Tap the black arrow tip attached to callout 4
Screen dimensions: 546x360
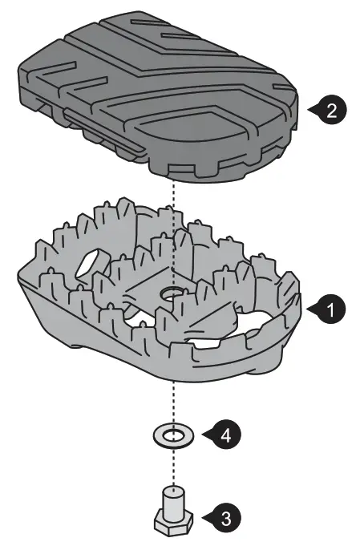click(x=204, y=435)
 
